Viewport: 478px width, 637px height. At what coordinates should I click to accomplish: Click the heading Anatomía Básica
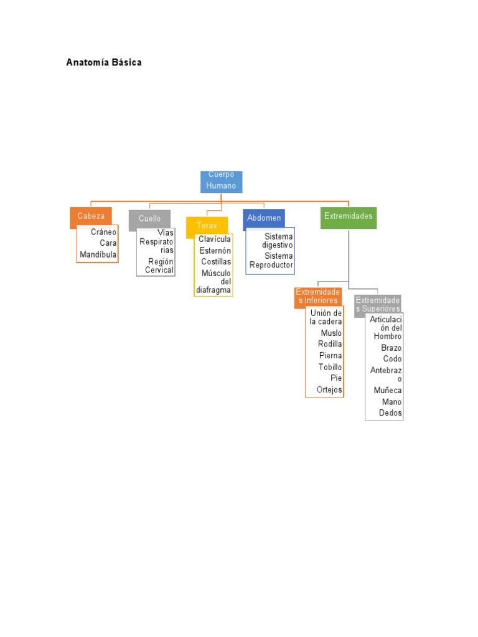pyautogui.click(x=104, y=62)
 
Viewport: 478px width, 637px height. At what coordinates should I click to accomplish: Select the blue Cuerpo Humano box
pyautogui.click(x=222, y=181)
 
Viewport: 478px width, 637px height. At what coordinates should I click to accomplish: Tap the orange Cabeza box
pyautogui.click(x=91, y=216)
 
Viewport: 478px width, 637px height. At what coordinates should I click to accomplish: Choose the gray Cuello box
pyautogui.click(x=149, y=219)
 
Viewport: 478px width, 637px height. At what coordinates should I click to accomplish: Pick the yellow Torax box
pyautogui.click(x=207, y=225)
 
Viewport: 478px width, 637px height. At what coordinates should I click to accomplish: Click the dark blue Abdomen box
pyautogui.click(x=264, y=218)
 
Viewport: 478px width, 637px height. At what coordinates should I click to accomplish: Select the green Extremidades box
pyautogui.click(x=349, y=216)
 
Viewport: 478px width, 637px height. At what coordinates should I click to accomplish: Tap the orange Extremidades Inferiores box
pyautogui.click(x=318, y=296)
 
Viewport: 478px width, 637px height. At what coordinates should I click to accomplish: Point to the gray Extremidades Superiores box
pyautogui.click(x=378, y=304)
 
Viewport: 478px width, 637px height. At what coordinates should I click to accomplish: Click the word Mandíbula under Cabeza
pyautogui.click(x=98, y=254)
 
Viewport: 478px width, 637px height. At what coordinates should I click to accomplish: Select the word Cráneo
pyautogui.click(x=103, y=232)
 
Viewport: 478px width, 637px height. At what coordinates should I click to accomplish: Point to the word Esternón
pyautogui.click(x=215, y=251)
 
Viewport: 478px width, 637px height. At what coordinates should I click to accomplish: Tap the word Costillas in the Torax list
pyautogui.click(x=216, y=262)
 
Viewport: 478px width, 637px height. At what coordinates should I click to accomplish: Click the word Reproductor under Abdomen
pyautogui.click(x=271, y=265)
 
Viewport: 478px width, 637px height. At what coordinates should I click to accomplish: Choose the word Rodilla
pyautogui.click(x=330, y=344)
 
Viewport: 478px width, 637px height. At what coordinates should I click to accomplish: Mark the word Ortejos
pyautogui.click(x=330, y=390)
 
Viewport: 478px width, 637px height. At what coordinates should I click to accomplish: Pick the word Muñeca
pyautogui.click(x=388, y=391)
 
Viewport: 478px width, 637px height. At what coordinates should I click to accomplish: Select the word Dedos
pyautogui.click(x=391, y=413)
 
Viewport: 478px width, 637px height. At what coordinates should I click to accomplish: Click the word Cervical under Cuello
pyautogui.click(x=159, y=270)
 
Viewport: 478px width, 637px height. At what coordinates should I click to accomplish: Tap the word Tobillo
pyautogui.click(x=330, y=367)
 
